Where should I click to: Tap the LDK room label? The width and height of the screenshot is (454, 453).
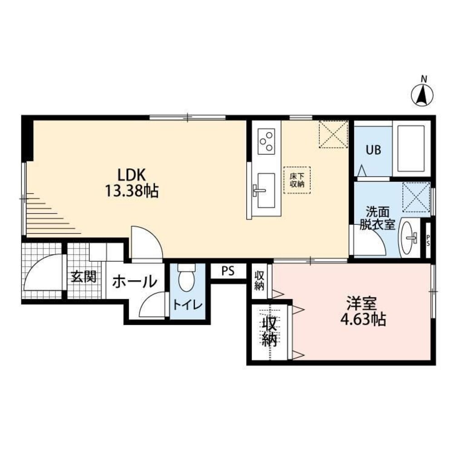click(x=131, y=175)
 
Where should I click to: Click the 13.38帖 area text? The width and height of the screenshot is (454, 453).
click(x=132, y=191)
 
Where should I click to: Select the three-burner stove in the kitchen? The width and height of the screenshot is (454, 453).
click(x=266, y=141)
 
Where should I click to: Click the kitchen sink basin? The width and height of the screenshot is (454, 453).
click(x=266, y=190)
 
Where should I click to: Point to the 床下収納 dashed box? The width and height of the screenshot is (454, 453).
click(x=297, y=180)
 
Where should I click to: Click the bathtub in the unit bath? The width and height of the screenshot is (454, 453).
click(x=411, y=148)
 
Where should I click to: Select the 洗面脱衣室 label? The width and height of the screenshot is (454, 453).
click(x=377, y=218)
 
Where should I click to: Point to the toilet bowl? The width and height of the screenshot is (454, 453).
click(x=187, y=279)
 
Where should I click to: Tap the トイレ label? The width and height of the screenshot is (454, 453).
click(x=188, y=305)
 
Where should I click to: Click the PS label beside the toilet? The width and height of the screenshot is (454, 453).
click(x=228, y=271)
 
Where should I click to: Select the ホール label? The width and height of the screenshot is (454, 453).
click(x=135, y=282)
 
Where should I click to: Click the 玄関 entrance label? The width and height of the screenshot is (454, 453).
click(x=84, y=277)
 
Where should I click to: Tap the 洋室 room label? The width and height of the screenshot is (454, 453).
click(x=362, y=303)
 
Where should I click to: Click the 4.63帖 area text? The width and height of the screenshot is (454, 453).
click(x=363, y=319)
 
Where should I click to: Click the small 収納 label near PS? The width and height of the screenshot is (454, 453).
click(x=259, y=280)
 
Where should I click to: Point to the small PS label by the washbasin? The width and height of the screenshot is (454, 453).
click(x=428, y=240)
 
